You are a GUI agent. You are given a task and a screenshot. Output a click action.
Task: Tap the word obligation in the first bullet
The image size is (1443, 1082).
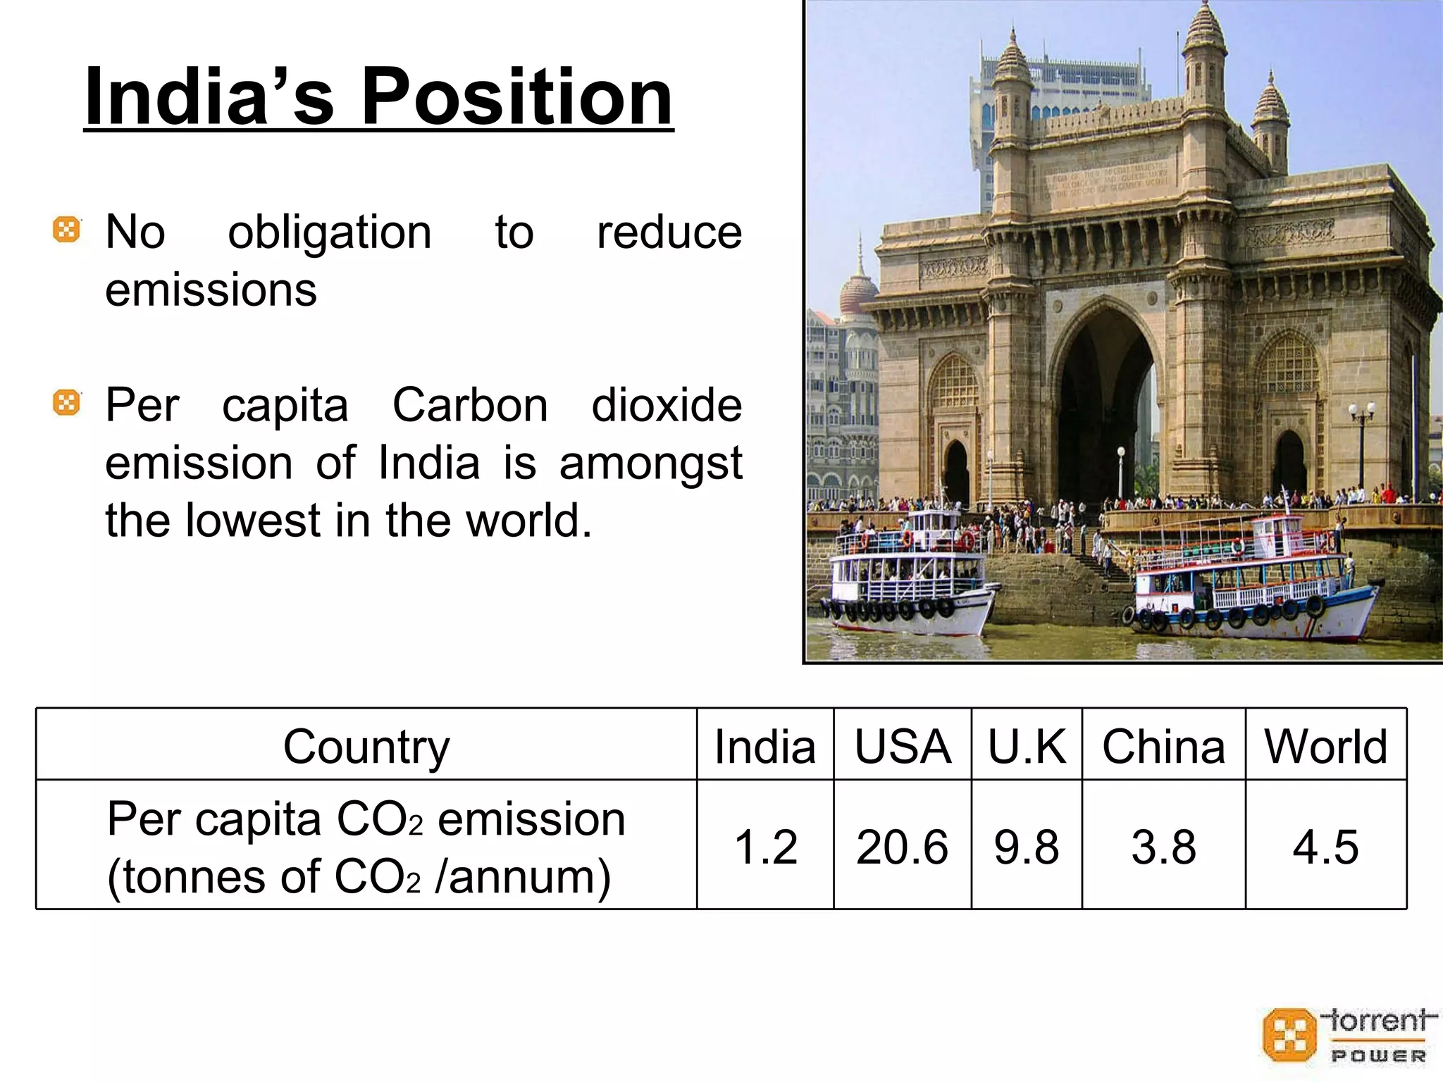point(329,232)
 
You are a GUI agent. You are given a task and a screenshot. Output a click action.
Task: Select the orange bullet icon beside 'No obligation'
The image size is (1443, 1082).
point(67,230)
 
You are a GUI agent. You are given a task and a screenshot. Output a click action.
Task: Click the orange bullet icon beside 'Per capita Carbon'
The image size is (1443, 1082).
point(67,403)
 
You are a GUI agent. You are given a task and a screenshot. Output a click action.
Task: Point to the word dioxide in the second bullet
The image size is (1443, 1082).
point(666,405)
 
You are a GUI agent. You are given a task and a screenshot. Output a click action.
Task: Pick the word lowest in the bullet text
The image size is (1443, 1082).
point(253,521)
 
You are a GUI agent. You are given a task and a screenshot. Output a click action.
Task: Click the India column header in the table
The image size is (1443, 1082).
point(764,746)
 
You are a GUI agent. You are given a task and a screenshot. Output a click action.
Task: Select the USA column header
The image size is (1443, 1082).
point(903,746)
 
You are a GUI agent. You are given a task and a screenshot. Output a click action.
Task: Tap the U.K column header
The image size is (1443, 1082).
point(1027,746)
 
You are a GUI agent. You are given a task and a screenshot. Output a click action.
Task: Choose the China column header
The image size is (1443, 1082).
point(1163,746)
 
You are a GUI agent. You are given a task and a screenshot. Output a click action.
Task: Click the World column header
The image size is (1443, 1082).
point(1325,746)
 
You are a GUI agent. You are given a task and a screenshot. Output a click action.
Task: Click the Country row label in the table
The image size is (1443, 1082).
point(366,746)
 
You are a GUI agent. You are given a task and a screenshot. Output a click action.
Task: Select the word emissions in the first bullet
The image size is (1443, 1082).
point(211,290)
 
